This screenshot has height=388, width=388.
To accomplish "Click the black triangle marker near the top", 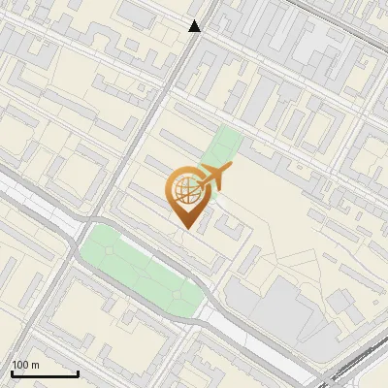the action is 195,26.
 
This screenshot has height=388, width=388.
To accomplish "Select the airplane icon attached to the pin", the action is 212,178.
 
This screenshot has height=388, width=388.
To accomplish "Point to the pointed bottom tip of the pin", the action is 185,227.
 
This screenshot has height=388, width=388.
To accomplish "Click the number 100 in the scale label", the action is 21,365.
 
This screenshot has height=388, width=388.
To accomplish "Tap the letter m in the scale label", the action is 36,365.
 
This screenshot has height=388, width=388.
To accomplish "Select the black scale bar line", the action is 45,373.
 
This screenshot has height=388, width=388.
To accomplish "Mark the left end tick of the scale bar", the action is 12,372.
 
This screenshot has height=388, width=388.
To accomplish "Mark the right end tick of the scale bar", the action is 78,372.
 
